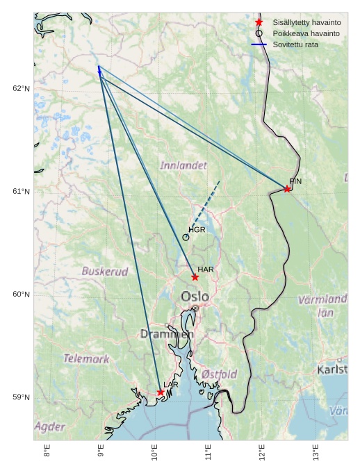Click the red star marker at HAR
point(195,277)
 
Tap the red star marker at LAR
point(161,392)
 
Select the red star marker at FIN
point(287,189)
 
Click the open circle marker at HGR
point(186,238)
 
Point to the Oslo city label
point(195,297)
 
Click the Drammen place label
point(167,334)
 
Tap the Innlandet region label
point(183,166)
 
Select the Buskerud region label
point(105,272)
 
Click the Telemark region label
point(86,359)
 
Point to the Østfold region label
point(220,374)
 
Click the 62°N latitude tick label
point(22,88)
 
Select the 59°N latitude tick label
point(22,397)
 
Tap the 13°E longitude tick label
point(316,452)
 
